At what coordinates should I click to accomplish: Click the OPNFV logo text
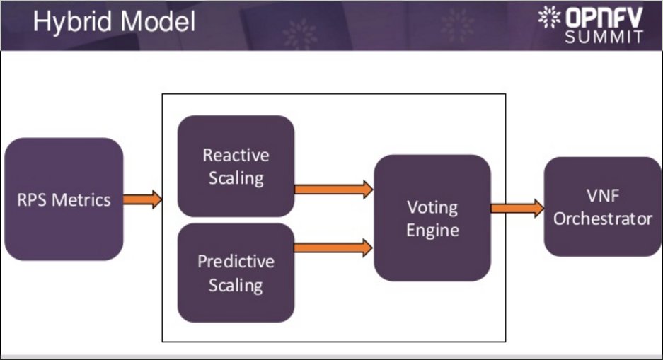click(x=604, y=17)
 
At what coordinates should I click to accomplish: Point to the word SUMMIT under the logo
click(x=604, y=37)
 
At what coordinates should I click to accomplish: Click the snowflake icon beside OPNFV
click(x=549, y=17)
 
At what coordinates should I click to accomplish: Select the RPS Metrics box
click(x=64, y=199)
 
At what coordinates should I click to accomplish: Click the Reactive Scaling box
click(x=236, y=166)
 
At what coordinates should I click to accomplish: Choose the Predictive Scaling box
click(x=236, y=273)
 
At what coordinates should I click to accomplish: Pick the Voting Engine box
click(x=432, y=218)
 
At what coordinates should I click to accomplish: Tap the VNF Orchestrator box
click(x=603, y=207)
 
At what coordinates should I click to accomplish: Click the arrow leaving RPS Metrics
click(x=142, y=199)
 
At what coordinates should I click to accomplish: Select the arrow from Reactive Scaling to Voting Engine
click(x=333, y=189)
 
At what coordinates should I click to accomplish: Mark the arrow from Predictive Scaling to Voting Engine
click(x=333, y=247)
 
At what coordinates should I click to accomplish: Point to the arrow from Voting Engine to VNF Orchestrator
click(x=517, y=209)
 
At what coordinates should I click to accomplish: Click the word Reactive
click(x=236, y=155)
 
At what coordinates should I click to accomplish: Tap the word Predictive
click(x=236, y=262)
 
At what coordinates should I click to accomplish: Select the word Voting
click(x=432, y=208)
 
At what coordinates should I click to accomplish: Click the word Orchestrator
click(x=603, y=219)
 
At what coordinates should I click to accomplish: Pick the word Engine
click(x=432, y=231)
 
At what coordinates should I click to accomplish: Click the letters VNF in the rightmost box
click(x=603, y=196)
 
